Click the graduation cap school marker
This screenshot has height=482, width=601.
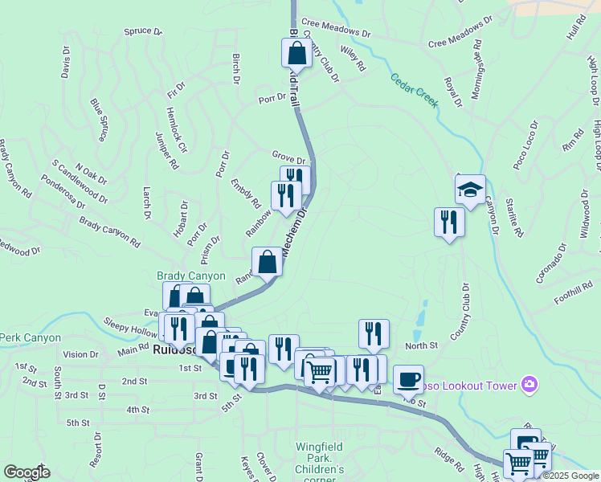click(470, 190)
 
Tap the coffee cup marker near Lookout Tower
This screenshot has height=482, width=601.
click(408, 378)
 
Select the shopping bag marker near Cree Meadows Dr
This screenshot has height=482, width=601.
click(296, 53)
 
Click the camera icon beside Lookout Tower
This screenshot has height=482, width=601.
click(529, 386)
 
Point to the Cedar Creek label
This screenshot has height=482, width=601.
click(414, 91)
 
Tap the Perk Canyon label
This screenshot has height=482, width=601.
click(31, 337)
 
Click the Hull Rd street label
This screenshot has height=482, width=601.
click(574, 31)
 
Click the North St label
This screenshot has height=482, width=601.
click(421, 345)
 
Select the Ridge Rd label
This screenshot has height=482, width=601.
click(448, 460)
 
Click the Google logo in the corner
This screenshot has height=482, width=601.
click(26, 472)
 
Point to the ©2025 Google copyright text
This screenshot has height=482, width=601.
click(570, 476)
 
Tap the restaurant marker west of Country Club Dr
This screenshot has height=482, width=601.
click(448, 223)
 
